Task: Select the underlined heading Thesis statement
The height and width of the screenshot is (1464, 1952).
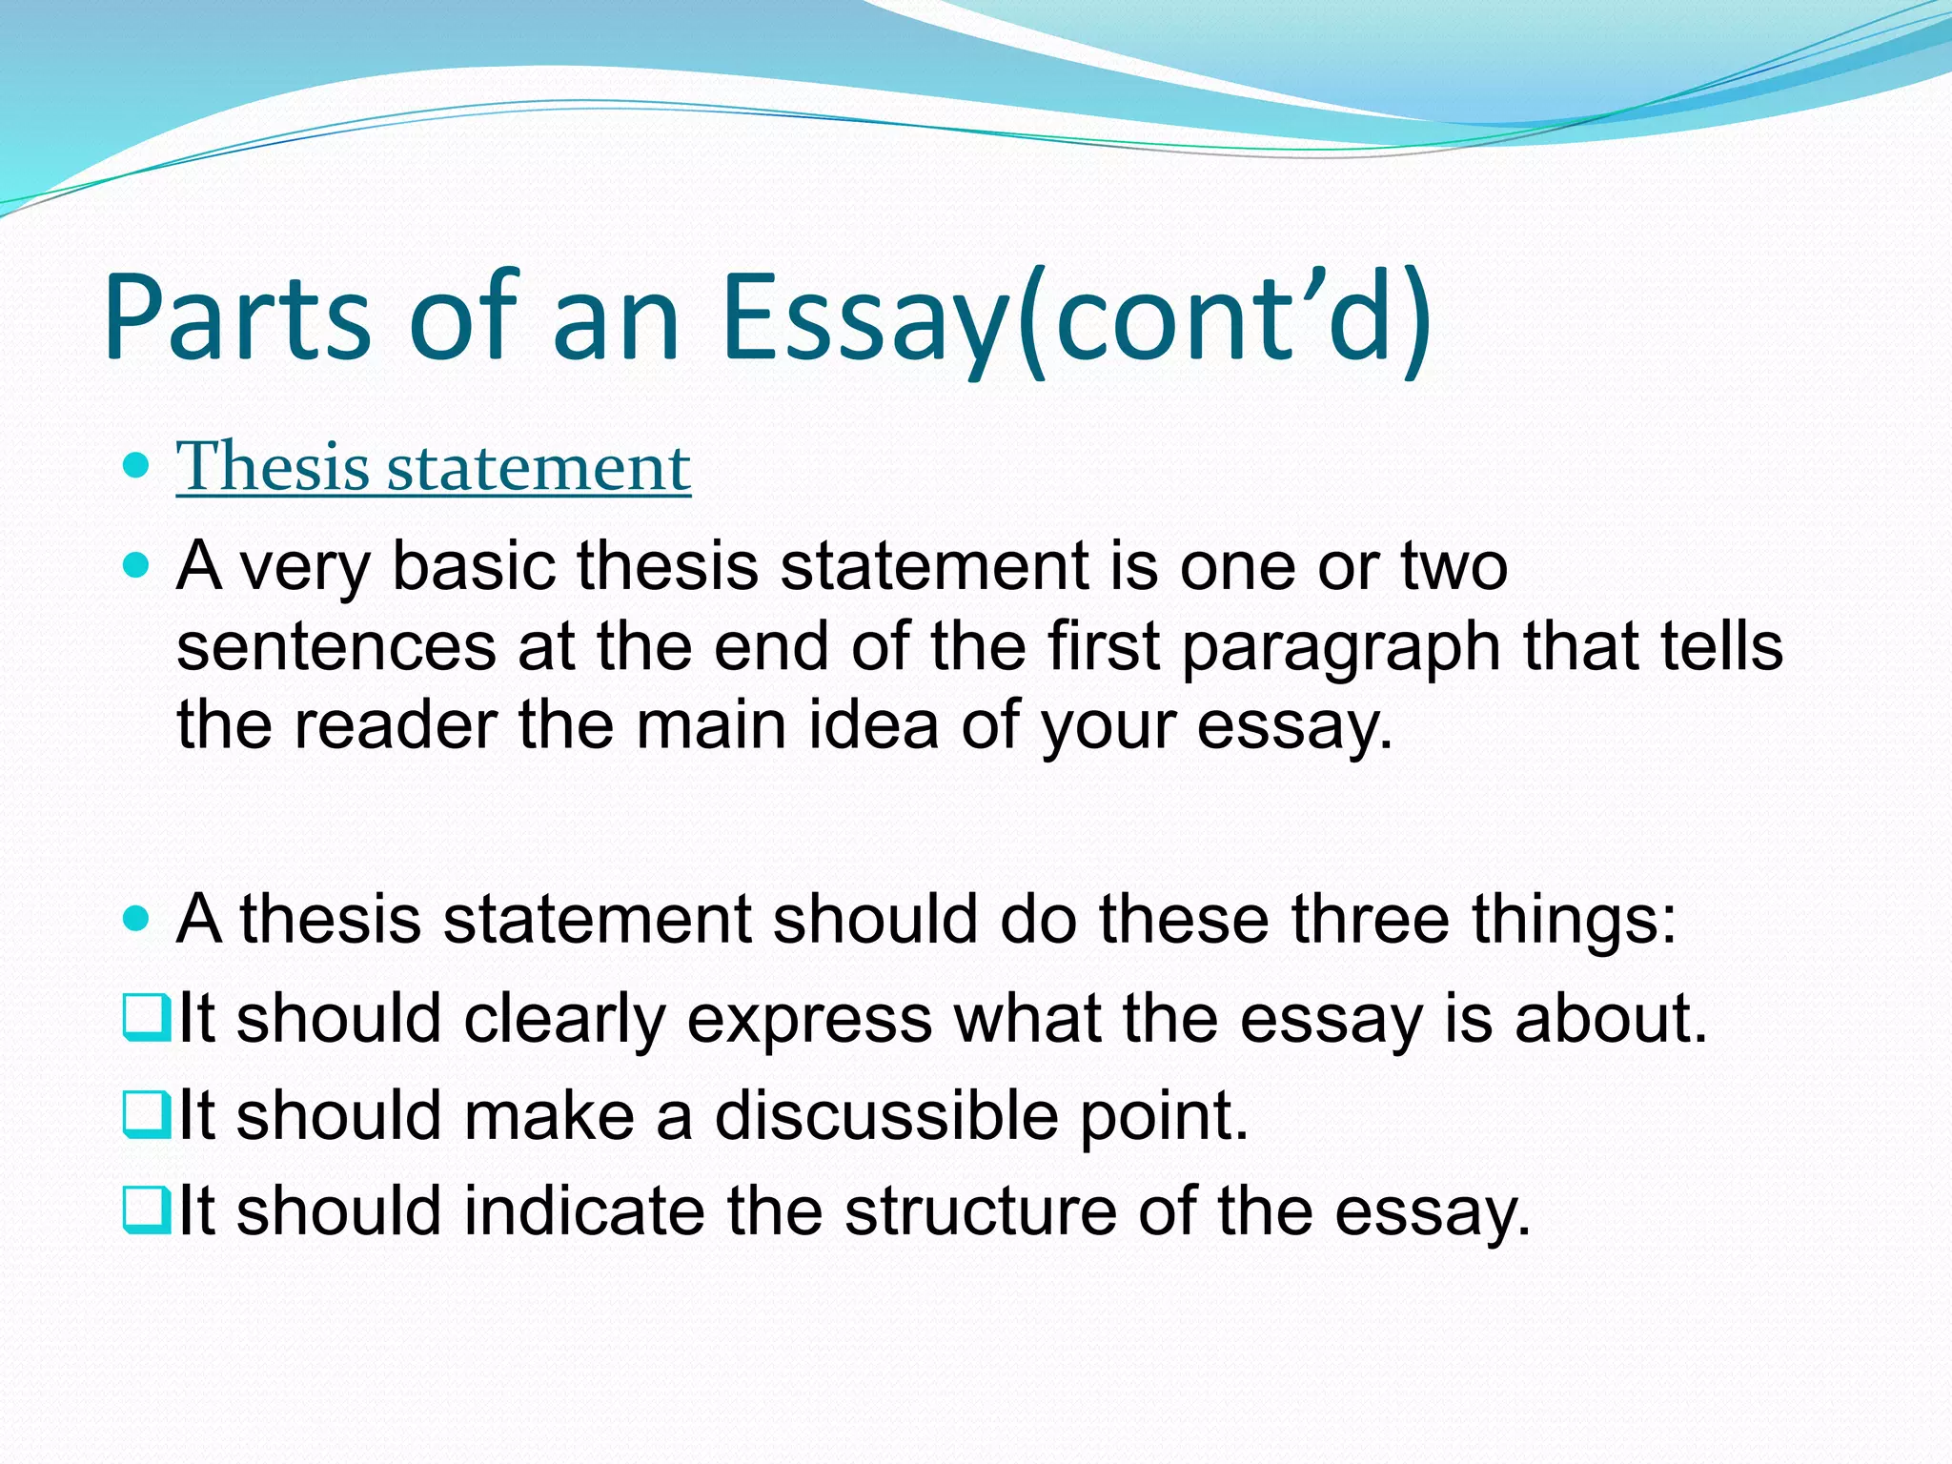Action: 434,467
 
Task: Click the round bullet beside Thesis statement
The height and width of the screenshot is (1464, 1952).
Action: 137,466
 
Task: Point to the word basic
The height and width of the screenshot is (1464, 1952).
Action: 474,566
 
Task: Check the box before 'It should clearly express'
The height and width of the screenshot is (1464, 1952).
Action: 147,1017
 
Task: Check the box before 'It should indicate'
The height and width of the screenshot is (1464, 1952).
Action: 147,1210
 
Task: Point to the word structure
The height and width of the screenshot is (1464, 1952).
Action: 980,1211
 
